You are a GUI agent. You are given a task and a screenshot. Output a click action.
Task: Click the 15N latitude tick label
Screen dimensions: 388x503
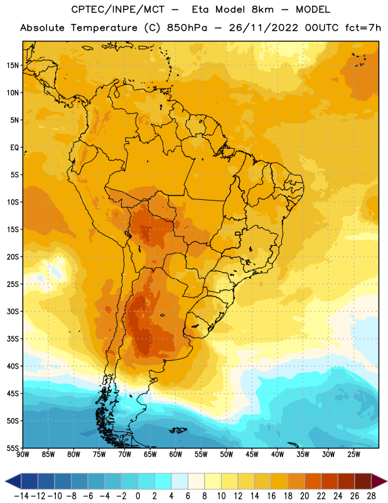pyautogui.click(x=13, y=65)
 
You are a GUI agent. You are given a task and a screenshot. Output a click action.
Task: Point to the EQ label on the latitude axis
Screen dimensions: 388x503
pyautogui.click(x=14, y=148)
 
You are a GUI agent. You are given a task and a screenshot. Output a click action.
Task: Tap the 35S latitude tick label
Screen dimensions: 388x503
pyautogui.click(x=13, y=339)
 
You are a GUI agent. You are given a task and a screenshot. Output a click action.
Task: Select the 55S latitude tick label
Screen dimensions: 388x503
pyautogui.click(x=13, y=448)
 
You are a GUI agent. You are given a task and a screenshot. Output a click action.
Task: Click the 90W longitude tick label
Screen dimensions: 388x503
pyautogui.click(x=23, y=455)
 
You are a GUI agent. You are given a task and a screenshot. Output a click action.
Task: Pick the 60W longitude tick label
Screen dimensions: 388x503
pyautogui.click(x=176, y=455)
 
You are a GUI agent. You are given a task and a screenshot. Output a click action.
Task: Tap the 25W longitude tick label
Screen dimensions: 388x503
pyautogui.click(x=353, y=455)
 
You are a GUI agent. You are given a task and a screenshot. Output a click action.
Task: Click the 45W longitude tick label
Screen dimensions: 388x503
pyautogui.click(x=252, y=455)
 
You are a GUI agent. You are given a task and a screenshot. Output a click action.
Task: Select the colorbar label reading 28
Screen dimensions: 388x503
pyautogui.click(x=371, y=496)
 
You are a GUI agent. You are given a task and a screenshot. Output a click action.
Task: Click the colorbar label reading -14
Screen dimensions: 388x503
pyautogui.click(x=21, y=496)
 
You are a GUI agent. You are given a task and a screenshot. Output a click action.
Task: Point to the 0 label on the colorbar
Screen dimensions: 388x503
pyautogui.click(x=137, y=496)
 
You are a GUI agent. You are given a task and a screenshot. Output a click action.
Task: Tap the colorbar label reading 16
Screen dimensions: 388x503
pyautogui.click(x=271, y=496)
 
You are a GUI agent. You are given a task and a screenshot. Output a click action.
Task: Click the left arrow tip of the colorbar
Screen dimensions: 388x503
pyautogui.click(x=5, y=481)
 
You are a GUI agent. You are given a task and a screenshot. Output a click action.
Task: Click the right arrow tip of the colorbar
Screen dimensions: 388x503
pyautogui.click(x=387, y=481)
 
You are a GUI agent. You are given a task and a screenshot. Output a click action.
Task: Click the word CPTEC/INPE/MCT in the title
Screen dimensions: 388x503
pyautogui.click(x=117, y=9)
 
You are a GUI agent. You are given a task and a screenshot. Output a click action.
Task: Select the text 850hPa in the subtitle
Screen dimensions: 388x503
pyautogui.click(x=187, y=28)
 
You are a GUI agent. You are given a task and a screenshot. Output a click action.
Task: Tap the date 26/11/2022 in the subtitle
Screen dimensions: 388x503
pyautogui.click(x=264, y=28)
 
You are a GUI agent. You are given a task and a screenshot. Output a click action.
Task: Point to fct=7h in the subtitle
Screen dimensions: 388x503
pyautogui.click(x=363, y=28)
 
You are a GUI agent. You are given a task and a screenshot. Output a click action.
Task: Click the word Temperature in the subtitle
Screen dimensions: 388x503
pyautogui.click(x=104, y=28)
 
